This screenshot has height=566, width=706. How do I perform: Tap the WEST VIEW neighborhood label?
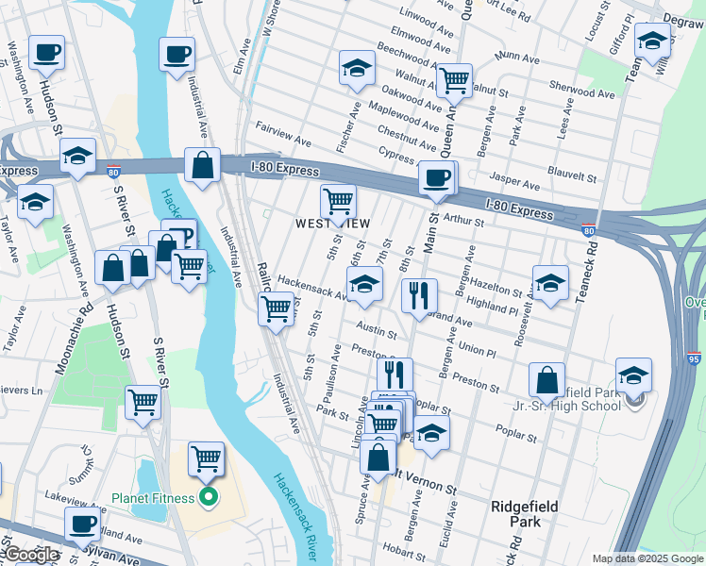tap(333, 224)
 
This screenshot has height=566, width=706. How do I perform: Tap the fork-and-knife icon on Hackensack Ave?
tap(418, 294)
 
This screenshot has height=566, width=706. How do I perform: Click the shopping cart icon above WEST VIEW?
tap(337, 200)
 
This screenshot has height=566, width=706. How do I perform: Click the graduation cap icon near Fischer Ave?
tap(357, 68)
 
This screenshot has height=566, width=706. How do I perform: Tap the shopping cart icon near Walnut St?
tap(454, 80)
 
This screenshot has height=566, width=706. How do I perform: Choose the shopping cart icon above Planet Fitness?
tap(206, 459)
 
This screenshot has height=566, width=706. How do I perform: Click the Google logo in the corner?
tap(31, 555)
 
